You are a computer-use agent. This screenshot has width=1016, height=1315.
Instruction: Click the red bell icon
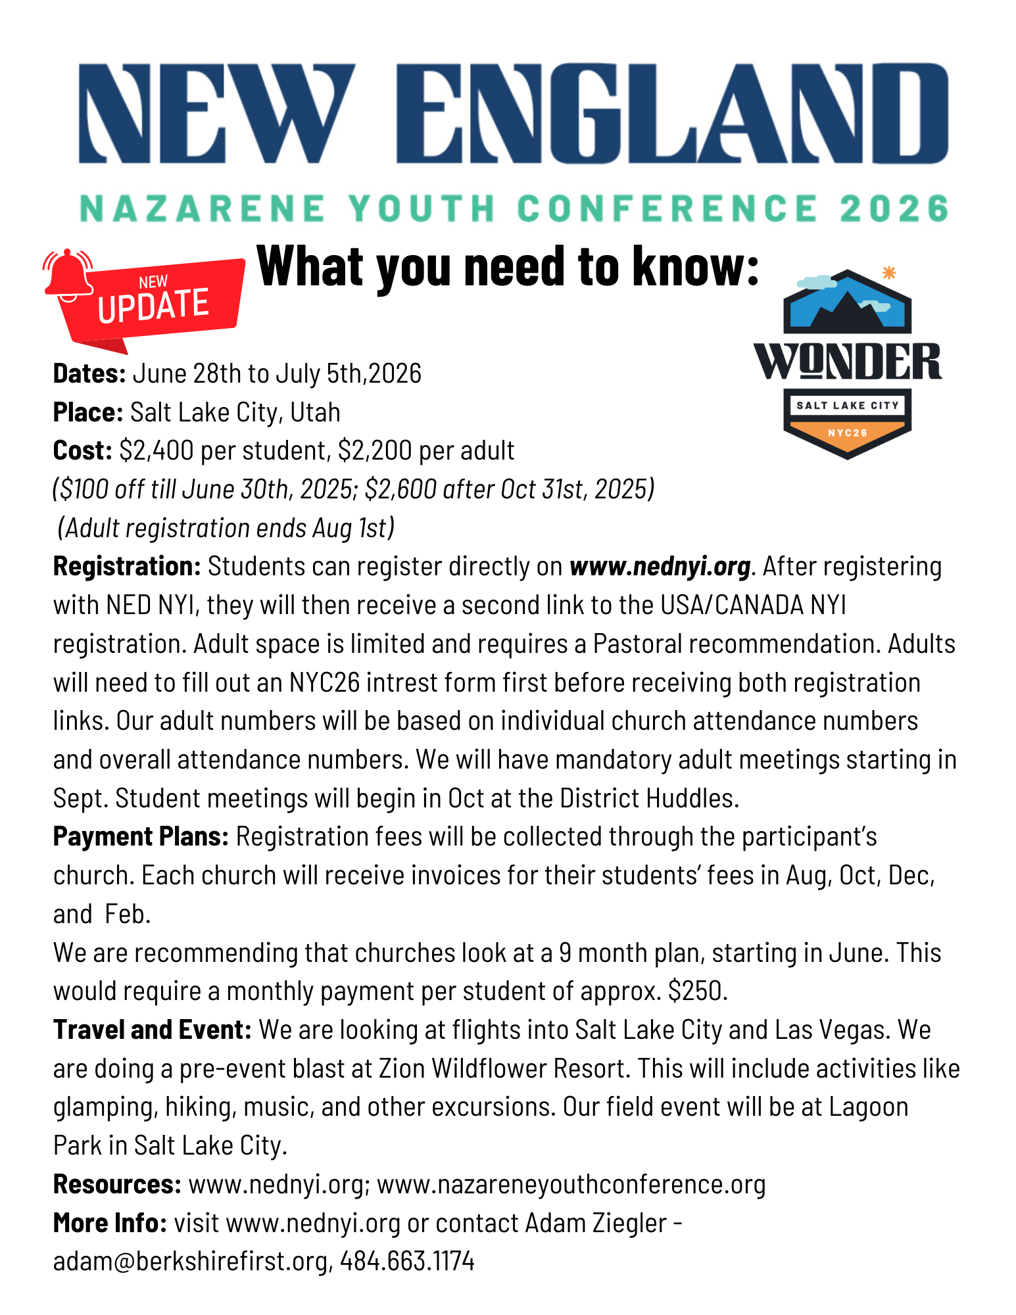click(68, 275)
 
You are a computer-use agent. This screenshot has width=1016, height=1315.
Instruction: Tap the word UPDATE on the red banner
click(153, 305)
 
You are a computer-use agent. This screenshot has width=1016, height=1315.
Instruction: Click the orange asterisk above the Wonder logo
click(889, 273)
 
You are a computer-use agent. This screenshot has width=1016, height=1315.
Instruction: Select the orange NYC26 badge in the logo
click(847, 433)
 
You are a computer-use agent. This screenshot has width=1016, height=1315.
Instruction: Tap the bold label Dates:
click(89, 373)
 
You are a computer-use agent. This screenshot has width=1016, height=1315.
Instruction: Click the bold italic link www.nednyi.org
click(660, 566)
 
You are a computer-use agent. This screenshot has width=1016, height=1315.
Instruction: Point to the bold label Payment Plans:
click(141, 837)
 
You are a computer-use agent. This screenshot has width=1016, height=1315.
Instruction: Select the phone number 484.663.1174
click(407, 1261)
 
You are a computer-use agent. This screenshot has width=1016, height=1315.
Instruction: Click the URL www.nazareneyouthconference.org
click(571, 1184)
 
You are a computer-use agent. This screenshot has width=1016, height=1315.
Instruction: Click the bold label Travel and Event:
click(152, 1030)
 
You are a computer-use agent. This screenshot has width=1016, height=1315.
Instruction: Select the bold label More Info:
click(110, 1223)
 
